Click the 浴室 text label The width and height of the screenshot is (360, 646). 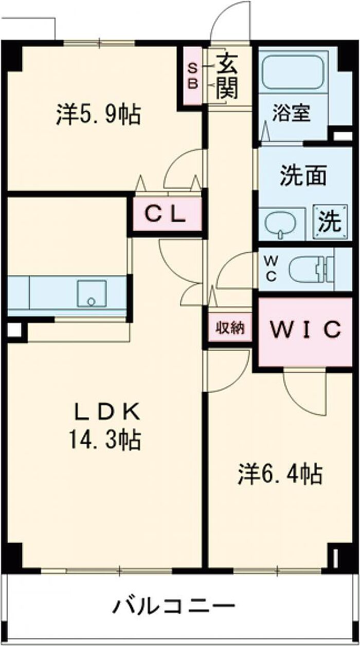[x=292, y=113]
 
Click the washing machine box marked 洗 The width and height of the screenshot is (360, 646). [x=328, y=222]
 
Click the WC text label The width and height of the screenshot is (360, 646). [x=271, y=269]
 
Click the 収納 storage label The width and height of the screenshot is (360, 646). [x=229, y=328]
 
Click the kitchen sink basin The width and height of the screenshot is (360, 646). [x=92, y=293]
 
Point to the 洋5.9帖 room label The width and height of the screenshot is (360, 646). [x=98, y=114]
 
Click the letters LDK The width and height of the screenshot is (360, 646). [x=106, y=411]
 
